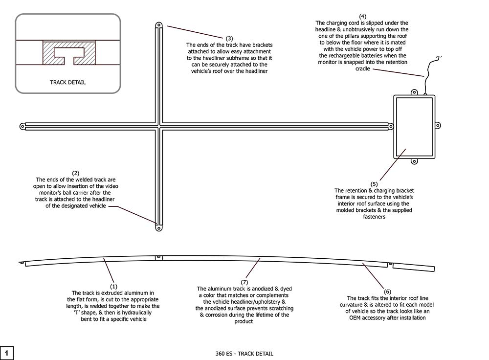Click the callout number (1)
[x=113, y=286]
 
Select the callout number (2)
[x=75, y=173]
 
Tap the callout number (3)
[x=229, y=38]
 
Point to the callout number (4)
[x=362, y=17]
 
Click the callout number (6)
[x=387, y=292]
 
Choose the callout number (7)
[x=245, y=282]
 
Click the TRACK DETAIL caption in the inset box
[x=68, y=82]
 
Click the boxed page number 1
[x=7, y=353]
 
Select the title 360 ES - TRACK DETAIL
[x=244, y=353]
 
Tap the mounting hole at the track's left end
[x=22, y=126]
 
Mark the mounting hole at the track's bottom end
[x=158, y=227]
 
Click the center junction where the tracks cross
[x=158, y=126]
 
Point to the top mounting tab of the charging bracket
[x=414, y=92]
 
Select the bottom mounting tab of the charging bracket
[x=414, y=160]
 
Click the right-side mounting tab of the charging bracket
[x=438, y=126]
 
